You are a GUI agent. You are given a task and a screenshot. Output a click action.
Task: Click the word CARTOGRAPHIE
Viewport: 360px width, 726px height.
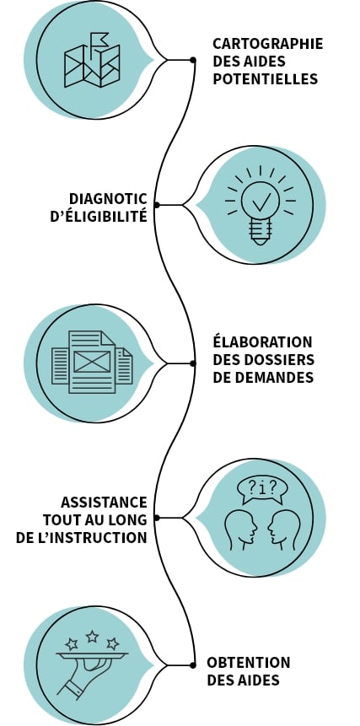click(267, 44)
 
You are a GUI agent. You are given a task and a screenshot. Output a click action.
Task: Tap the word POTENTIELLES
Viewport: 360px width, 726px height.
click(265, 78)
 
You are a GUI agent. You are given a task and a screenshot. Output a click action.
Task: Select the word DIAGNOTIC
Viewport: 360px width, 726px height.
click(108, 199)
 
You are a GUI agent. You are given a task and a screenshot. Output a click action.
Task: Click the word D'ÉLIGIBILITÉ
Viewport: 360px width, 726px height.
click(98, 216)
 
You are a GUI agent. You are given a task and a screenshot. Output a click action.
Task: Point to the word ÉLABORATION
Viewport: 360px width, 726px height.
click(262, 341)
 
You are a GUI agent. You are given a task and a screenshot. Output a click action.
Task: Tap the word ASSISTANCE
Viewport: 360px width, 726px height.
click(104, 502)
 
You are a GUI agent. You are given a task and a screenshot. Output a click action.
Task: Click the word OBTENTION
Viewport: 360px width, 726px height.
click(248, 663)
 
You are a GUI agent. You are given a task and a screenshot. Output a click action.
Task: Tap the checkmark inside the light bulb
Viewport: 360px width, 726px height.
click(261, 202)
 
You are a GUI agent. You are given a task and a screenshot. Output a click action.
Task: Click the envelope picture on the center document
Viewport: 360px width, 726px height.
click(92, 361)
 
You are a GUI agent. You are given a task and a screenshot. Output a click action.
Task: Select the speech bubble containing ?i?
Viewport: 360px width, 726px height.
click(262, 489)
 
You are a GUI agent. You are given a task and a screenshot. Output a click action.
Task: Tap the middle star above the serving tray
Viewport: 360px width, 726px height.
click(92, 636)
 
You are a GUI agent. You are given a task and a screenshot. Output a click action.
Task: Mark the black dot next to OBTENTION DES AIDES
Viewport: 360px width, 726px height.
click(192, 665)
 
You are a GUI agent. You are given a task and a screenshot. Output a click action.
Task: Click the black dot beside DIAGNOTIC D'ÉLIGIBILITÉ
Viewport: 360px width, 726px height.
click(157, 205)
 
